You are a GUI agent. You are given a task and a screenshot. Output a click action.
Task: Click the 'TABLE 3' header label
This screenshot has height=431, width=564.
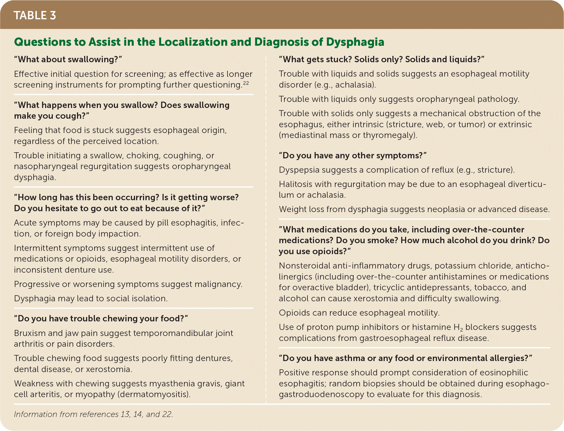(35, 15)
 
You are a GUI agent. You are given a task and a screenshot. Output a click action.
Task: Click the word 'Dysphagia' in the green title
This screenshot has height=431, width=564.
(355, 42)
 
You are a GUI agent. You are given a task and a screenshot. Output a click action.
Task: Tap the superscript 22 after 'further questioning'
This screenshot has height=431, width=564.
(246, 83)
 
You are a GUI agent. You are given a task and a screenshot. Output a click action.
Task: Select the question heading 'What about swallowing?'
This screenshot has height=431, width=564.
(68, 59)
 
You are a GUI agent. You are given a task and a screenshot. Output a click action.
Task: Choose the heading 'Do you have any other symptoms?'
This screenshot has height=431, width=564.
(353, 156)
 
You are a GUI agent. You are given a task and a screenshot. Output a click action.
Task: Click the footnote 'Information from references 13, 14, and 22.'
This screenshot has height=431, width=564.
(93, 414)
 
